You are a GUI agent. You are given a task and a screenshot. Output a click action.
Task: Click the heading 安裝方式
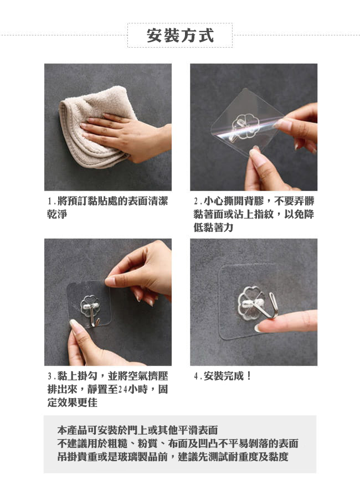tap(180, 35)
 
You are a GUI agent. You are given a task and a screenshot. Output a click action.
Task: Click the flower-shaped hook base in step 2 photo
tap(245, 125)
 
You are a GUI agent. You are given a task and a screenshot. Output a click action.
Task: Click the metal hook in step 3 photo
tap(92, 314)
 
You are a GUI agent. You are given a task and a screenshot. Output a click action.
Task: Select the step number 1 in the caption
tap(49, 202)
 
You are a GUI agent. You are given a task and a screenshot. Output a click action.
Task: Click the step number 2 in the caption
tap(196, 202)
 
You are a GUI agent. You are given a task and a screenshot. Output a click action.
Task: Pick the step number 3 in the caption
tap(49, 376)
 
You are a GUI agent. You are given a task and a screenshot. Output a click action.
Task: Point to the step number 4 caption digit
tap(196, 376)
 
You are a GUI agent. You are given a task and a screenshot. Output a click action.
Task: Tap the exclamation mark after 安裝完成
tap(249, 376)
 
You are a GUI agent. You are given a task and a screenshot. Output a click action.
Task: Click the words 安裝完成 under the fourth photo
tap(224, 376)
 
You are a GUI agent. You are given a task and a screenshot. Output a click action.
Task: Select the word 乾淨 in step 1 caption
tap(57, 214)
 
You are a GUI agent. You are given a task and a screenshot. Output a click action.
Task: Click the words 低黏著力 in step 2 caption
tap(213, 228)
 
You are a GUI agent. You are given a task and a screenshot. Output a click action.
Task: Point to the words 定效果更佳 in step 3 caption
tap(72, 403)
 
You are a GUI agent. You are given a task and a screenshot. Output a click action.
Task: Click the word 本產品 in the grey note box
tap(72, 430)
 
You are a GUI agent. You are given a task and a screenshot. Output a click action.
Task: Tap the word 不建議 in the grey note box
tap(72, 444)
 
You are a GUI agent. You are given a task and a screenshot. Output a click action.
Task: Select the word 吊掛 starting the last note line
tap(67, 457)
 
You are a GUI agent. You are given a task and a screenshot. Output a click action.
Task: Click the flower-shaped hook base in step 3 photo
tap(90, 306)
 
